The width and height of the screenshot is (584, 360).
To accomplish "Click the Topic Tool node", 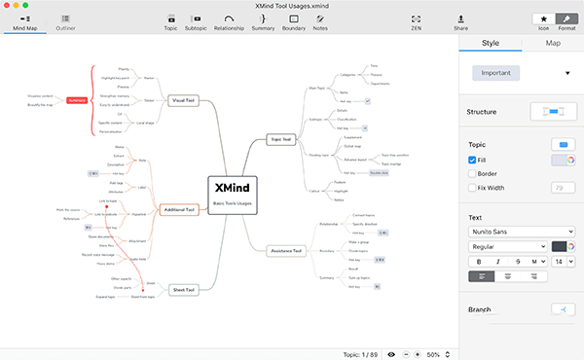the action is coord(279,140).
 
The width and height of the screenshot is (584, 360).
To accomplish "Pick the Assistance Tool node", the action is coord(285,250).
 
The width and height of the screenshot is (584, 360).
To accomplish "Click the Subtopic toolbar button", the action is coord(197,22).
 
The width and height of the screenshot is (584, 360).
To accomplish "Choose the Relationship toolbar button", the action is coord(229,22).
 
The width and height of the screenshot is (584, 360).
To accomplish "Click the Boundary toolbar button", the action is coord(293,22).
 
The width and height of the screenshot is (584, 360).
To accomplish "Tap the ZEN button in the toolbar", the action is coord(417,22).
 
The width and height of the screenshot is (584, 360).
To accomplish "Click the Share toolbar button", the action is coord(460,22).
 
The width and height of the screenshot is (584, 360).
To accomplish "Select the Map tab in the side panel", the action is coord(553,43).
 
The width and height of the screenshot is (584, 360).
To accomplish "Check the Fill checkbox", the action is coord(473,160).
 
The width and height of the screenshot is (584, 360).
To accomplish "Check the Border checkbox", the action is coord(473,174).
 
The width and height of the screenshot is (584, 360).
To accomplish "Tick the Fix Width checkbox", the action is coord(473,188).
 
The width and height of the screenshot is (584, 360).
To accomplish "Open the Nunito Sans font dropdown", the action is coord(521,232).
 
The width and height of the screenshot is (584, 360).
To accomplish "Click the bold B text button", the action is coord(478,261).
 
